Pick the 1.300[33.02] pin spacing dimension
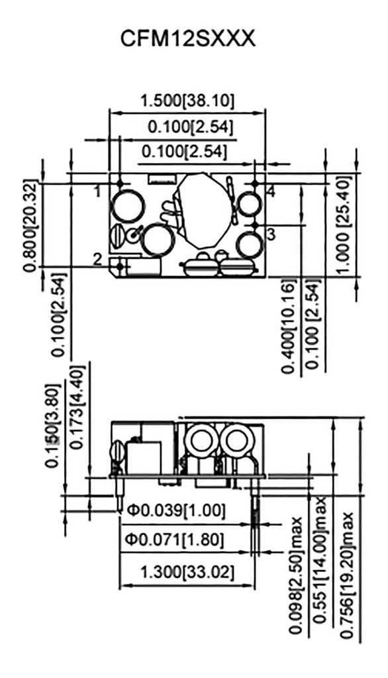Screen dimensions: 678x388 [187, 570]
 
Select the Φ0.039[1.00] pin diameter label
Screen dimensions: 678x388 [177, 510]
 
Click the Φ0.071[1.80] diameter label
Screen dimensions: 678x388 [175, 540]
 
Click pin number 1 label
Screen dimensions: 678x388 [97, 191]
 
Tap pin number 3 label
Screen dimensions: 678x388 [271, 233]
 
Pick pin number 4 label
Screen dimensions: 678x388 [271, 191]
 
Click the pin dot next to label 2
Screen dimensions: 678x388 [120, 266]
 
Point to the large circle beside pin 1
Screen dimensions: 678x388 [127, 205]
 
